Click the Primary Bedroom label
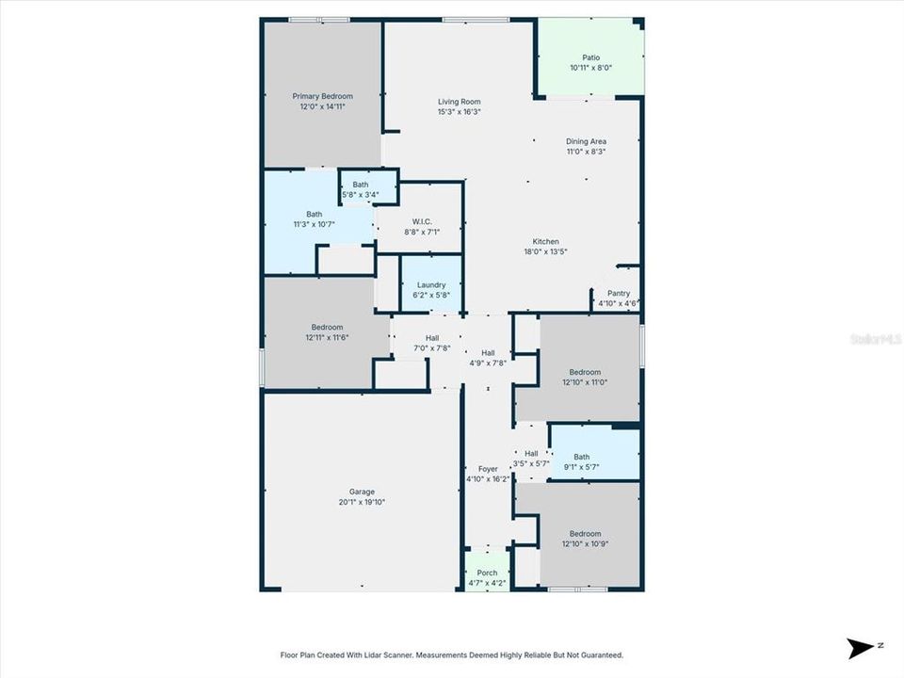[x=322, y=96]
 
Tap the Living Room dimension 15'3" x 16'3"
[x=459, y=112]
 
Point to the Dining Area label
[x=586, y=141]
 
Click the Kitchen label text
[x=546, y=242]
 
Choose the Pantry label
[x=619, y=294]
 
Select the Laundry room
[x=431, y=285]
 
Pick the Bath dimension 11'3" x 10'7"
[x=314, y=225]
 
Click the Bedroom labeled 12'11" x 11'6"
[x=327, y=332]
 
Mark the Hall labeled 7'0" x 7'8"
[x=431, y=343]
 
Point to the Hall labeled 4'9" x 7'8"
[x=488, y=358]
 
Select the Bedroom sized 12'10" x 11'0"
[x=584, y=377]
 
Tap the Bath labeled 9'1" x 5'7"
[x=581, y=461]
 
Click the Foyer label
[x=488, y=469]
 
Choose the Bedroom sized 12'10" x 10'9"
[x=584, y=539]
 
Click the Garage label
[x=362, y=496]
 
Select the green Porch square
[x=487, y=573]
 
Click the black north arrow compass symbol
[x=860, y=648]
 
